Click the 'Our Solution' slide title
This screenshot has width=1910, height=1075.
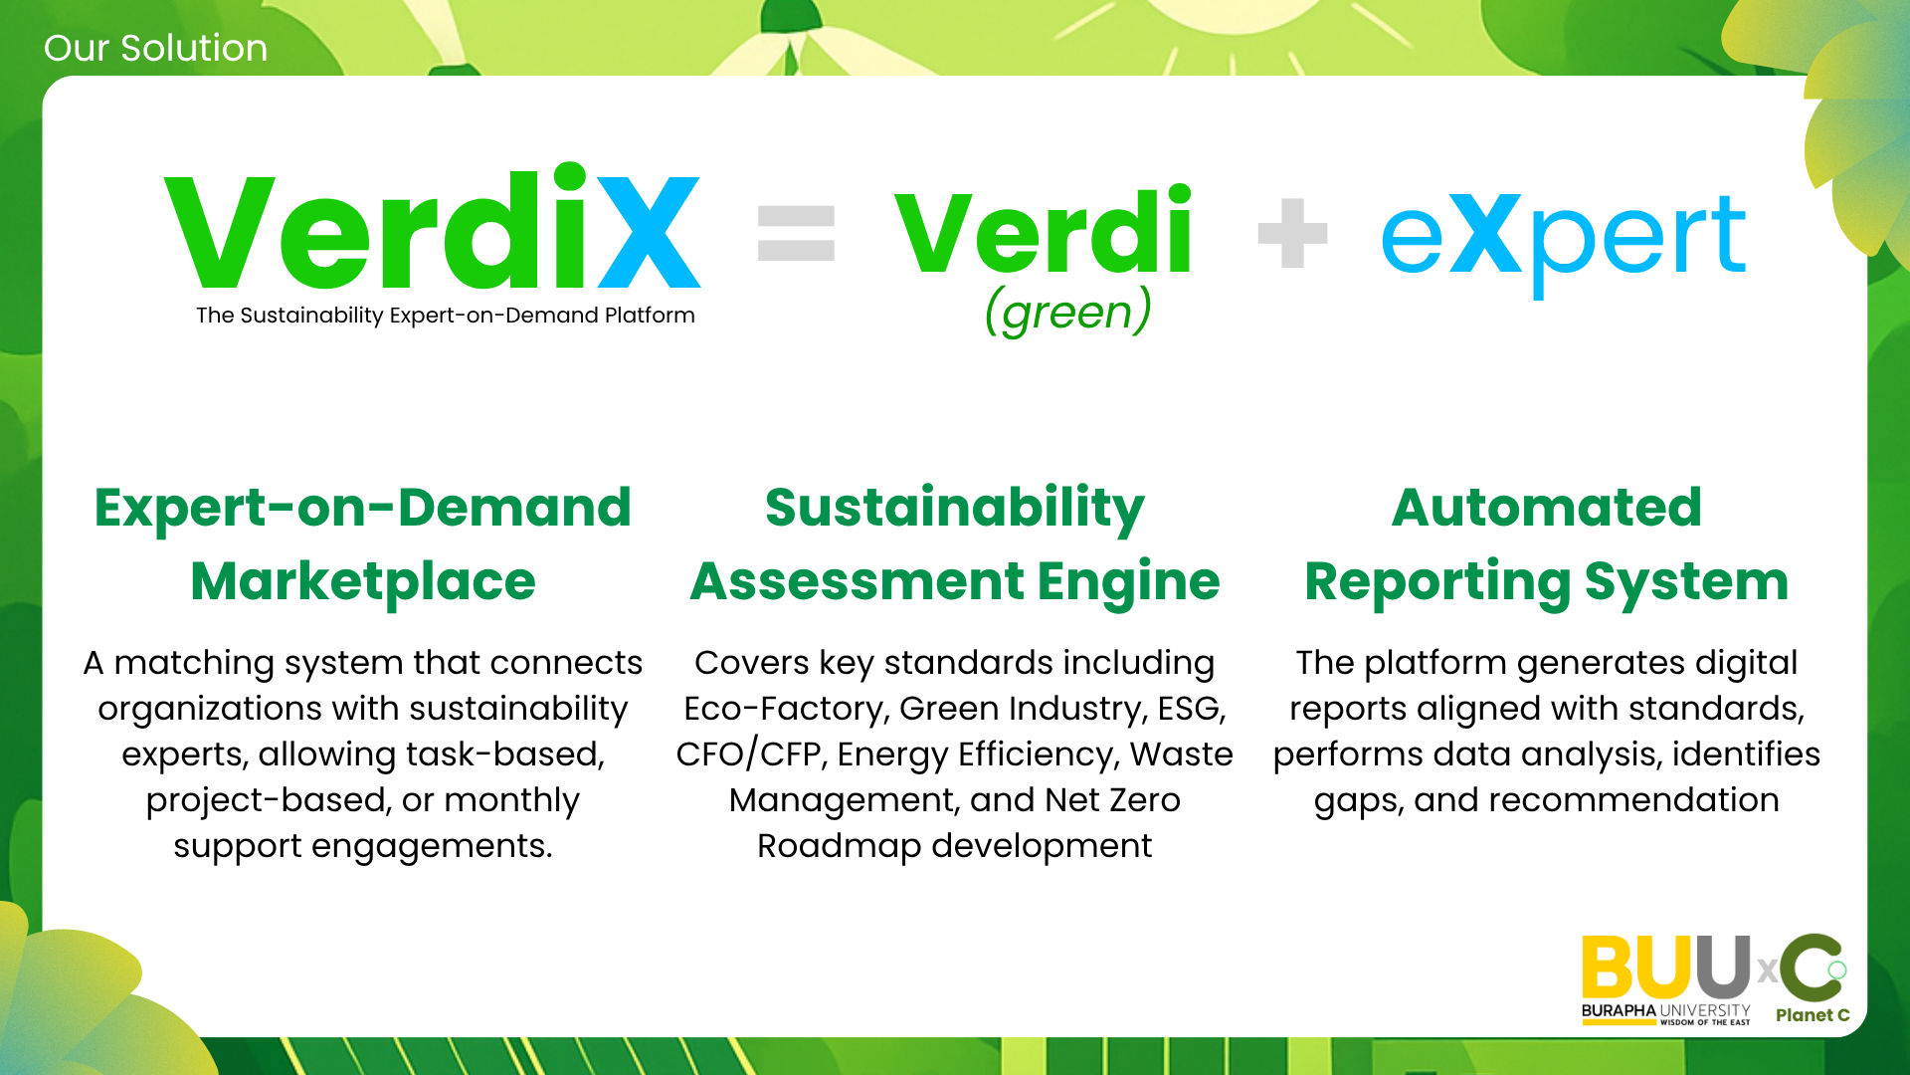(155, 48)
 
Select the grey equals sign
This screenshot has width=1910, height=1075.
(796, 233)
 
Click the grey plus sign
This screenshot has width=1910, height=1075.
(1292, 233)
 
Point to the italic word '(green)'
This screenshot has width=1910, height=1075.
(1068, 313)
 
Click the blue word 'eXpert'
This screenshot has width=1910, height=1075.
(1563, 239)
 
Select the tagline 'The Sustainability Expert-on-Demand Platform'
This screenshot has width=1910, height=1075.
(446, 316)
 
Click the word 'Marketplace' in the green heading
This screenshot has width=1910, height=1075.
(363, 581)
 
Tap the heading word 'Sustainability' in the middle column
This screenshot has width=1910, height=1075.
(955, 510)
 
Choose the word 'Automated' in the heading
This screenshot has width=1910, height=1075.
(1547, 508)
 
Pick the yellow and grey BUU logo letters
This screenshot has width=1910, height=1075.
(1666, 967)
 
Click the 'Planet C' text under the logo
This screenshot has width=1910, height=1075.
(1813, 1015)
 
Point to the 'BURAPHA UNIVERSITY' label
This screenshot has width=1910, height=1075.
(1666, 1010)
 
